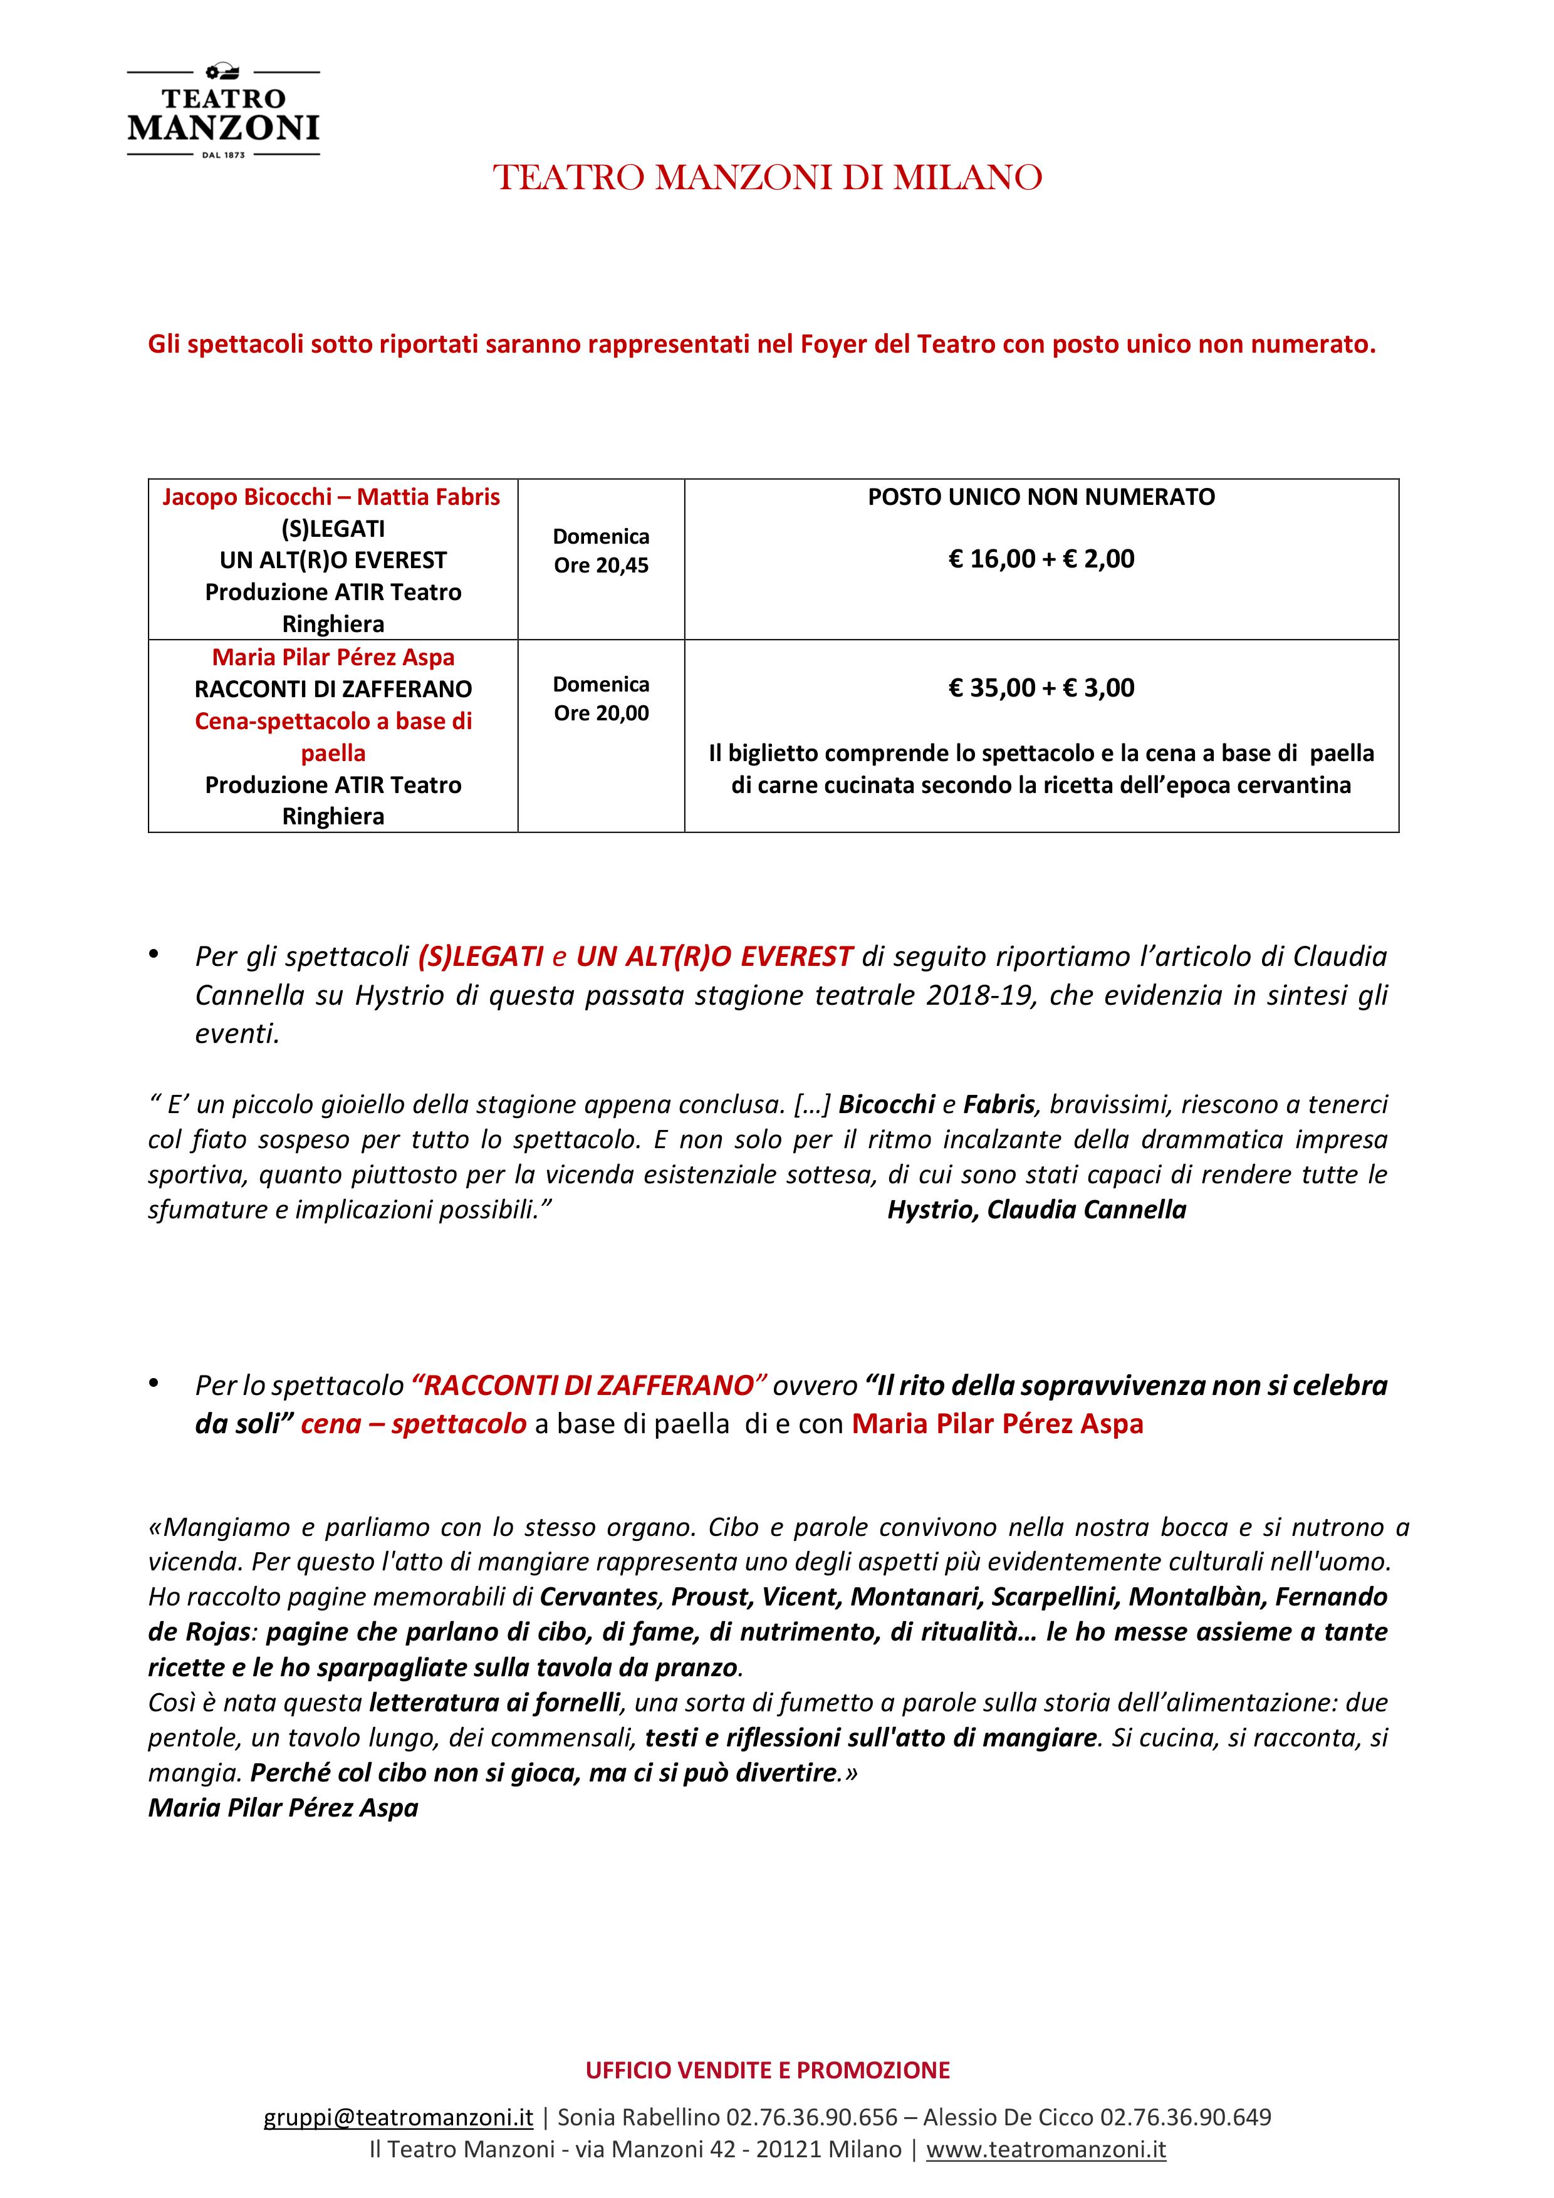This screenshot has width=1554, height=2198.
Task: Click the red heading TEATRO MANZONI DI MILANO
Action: coord(767,178)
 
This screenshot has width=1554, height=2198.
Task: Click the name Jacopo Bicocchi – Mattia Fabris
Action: coord(331,497)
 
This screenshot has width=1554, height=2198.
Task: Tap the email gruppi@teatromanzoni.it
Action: coord(399,2117)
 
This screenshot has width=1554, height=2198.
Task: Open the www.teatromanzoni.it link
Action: coord(1046,2149)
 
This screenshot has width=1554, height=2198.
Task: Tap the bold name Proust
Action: coord(709,1597)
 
